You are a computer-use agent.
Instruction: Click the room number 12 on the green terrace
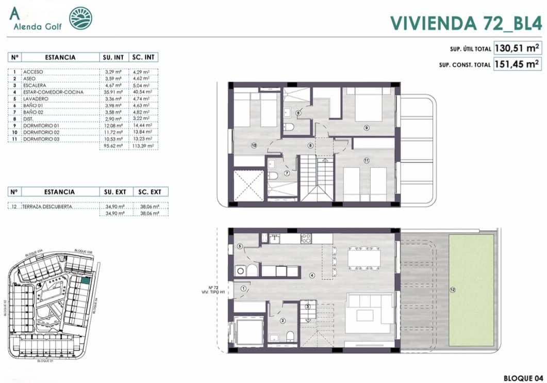click(452, 290)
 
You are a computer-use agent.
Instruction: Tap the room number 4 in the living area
click(311, 275)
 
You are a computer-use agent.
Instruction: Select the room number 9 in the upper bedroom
click(367, 127)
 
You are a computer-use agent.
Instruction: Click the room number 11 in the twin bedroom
click(367, 161)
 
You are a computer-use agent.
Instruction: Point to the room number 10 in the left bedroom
click(254, 146)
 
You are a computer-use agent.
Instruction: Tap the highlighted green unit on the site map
click(85, 281)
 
